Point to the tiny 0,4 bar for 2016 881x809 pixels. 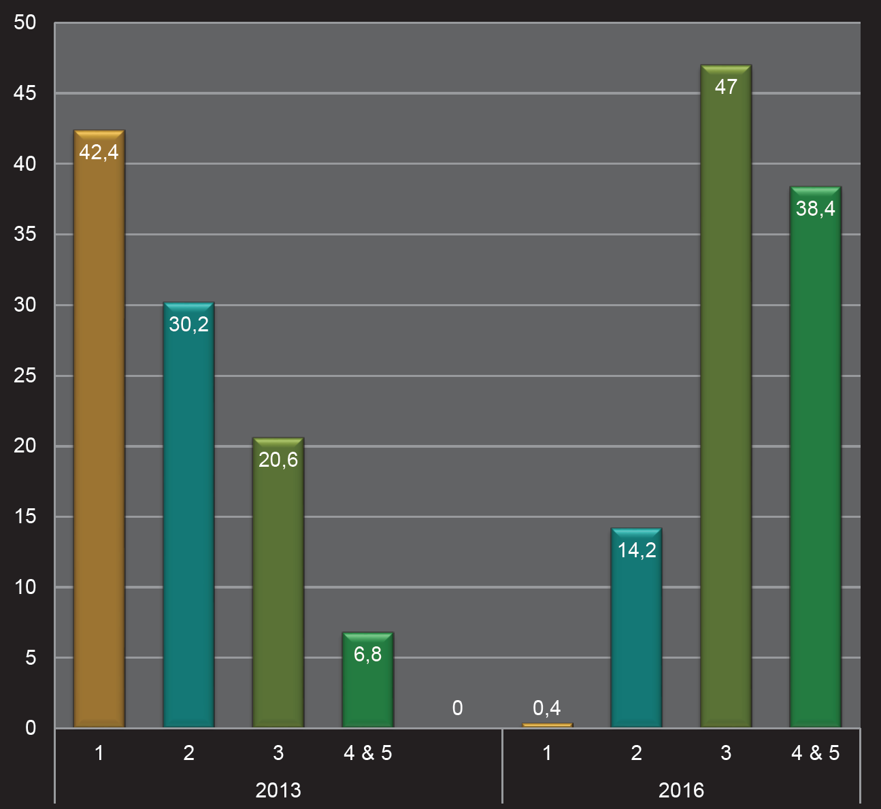[x=547, y=725]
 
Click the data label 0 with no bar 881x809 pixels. [x=457, y=708]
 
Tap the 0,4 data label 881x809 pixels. [x=547, y=708]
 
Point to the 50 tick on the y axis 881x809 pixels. [x=25, y=22]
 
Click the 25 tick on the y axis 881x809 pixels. [x=25, y=376]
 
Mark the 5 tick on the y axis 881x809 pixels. [x=31, y=658]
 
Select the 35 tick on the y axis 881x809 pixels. [x=25, y=234]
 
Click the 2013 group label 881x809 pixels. [x=278, y=790]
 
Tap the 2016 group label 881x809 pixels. [x=681, y=790]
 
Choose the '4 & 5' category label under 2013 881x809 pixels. [x=367, y=753]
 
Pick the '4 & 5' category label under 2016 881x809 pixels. [x=815, y=753]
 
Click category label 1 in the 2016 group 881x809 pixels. [x=547, y=753]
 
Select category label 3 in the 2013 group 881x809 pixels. [x=278, y=753]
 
